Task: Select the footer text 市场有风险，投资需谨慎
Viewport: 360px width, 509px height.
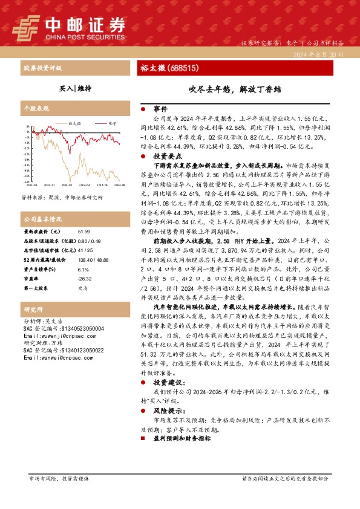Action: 59,478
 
